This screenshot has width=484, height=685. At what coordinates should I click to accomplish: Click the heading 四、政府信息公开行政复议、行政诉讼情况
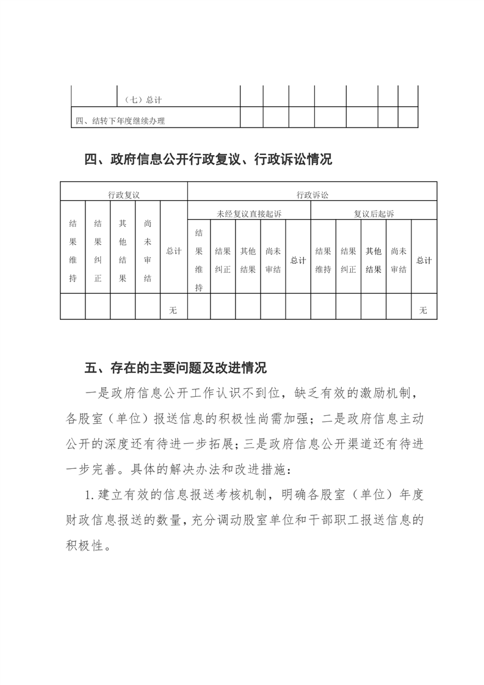208,160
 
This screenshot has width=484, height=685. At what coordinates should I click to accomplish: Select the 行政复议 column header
124,195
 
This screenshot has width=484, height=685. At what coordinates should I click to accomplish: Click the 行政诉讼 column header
312,195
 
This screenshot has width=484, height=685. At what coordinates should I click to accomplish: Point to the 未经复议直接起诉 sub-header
249,214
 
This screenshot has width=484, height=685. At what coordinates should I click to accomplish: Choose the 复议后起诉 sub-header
374,214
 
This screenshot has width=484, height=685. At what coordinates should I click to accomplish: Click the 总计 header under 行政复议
174,251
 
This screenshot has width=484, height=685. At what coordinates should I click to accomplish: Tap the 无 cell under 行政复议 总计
173,310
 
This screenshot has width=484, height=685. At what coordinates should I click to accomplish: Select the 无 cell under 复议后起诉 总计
424,310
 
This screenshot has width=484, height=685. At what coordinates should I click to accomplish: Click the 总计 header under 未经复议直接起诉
298,260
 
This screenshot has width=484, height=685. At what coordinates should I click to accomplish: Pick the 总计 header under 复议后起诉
424,260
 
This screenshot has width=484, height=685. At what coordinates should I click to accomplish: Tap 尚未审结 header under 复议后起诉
399,259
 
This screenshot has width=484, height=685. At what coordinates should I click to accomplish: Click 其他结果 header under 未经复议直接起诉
248,259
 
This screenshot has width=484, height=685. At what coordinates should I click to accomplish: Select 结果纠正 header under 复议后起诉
349,259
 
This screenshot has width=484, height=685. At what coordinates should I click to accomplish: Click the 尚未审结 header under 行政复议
147,251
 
